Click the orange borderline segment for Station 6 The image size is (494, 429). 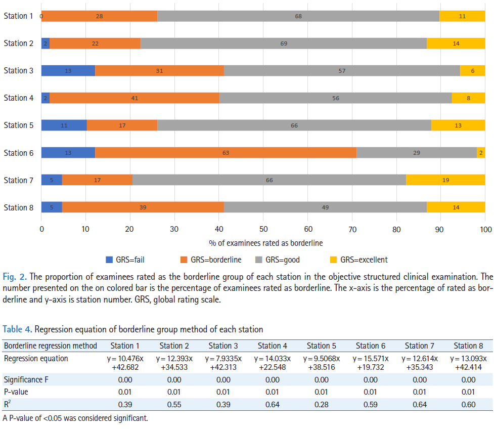pos(226,153)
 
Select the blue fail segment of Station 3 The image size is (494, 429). pos(68,71)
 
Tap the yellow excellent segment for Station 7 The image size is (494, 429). pos(445,180)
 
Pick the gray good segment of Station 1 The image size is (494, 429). pos(298,16)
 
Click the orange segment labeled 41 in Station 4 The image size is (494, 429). pos(134,98)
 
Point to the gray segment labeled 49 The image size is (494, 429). pos(325,207)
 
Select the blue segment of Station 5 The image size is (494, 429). pos(64,125)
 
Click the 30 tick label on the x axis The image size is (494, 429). pos(174,229)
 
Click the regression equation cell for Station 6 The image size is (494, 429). pos(370,363)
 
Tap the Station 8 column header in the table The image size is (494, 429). pos(468,346)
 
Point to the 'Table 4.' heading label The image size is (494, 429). pos(18,329)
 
